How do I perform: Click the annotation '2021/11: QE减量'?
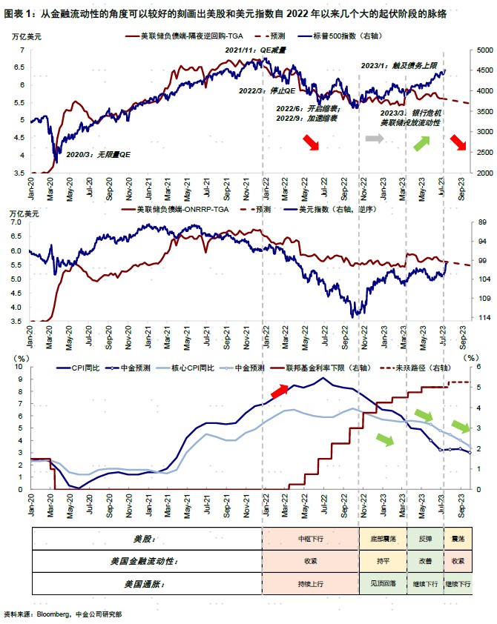point(256,50)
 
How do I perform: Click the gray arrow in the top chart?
point(375,139)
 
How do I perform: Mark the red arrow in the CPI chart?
point(280,391)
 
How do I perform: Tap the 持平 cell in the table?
point(383,561)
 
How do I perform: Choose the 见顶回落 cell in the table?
point(383,584)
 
